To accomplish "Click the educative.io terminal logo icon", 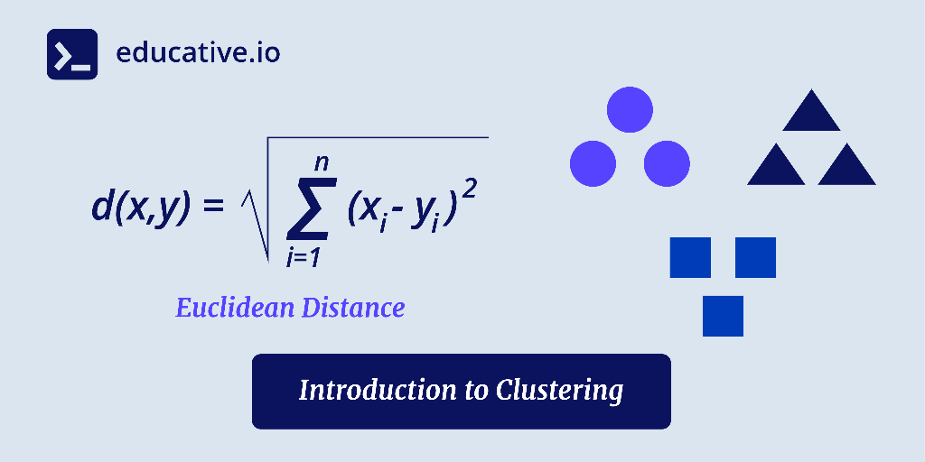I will coord(71,54).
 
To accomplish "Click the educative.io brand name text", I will coord(198,53).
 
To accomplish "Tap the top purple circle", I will coord(630,110).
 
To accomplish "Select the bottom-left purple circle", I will coord(593,163).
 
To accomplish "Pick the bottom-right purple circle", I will coord(667,163).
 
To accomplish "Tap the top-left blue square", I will coord(690,257).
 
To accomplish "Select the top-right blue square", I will coord(755,257).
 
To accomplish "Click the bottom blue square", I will coord(723,316).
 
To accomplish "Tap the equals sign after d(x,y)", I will coord(211,208).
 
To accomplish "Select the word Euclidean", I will coord(234,308).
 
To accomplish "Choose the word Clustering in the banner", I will coord(559,391).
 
